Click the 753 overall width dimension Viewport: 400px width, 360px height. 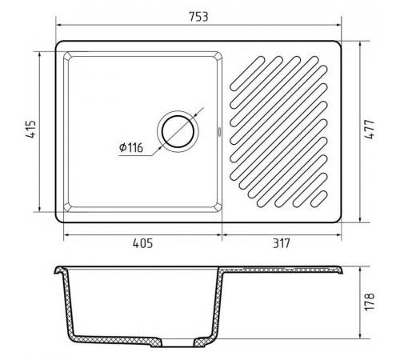(198, 17)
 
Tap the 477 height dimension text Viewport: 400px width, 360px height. (370, 130)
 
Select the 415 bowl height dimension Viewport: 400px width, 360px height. (31, 130)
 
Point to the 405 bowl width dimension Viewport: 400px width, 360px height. (143, 243)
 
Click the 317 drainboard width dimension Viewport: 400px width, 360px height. (282, 243)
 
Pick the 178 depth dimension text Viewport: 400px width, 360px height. (370, 302)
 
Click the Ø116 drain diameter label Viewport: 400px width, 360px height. (131, 147)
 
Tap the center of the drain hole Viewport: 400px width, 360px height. (178, 132)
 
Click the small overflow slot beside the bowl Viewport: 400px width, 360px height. (219, 131)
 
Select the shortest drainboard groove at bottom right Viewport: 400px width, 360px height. (319, 198)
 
